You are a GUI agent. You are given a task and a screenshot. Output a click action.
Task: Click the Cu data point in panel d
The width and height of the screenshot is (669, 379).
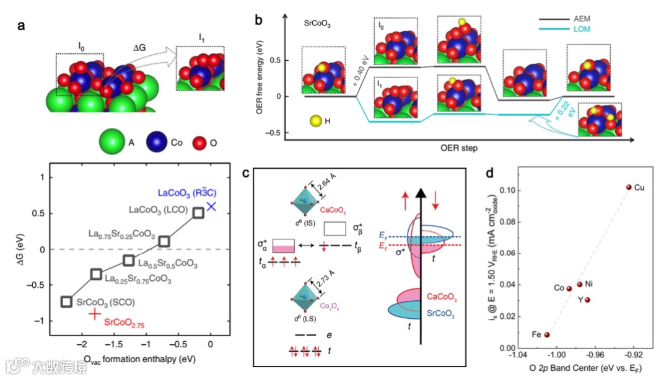click(x=629, y=187)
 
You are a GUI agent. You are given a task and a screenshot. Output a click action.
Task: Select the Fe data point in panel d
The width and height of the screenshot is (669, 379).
click(x=547, y=335)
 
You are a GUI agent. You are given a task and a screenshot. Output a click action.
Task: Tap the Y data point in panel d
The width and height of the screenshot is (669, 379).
click(x=587, y=300)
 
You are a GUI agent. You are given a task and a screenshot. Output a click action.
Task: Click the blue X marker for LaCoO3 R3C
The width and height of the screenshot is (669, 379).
click(x=211, y=207)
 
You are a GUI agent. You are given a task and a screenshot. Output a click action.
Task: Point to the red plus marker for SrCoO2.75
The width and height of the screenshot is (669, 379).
click(x=94, y=314)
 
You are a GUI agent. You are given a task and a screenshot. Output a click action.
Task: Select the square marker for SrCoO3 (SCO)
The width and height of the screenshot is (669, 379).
click(x=66, y=301)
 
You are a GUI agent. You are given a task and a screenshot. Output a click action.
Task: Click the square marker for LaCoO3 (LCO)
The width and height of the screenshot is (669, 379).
click(x=198, y=213)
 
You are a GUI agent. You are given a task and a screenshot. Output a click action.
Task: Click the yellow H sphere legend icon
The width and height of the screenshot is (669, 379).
click(x=315, y=120)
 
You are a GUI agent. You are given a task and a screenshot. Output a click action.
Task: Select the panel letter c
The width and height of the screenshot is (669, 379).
click(x=246, y=173)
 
